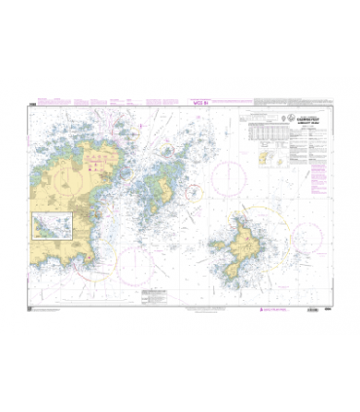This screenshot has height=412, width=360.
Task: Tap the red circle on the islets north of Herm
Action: click(160, 152)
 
